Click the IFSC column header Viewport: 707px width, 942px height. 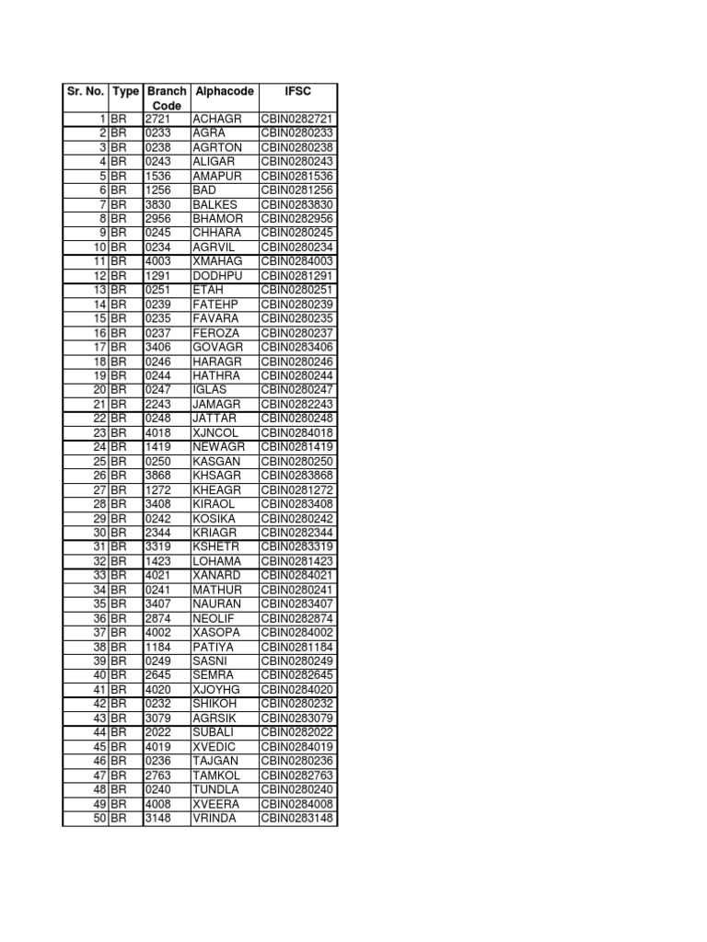click(x=298, y=92)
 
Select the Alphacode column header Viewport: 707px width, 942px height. click(x=225, y=92)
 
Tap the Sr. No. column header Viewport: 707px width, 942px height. click(x=85, y=92)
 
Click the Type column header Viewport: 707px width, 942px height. click(x=125, y=92)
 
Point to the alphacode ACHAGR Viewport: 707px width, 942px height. click(x=215, y=120)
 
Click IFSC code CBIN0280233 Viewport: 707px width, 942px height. click(x=297, y=133)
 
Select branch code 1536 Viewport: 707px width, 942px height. click(x=158, y=176)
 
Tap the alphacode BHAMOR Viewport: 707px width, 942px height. click(x=218, y=219)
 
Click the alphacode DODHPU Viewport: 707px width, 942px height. click(x=217, y=276)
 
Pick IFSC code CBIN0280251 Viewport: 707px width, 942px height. click(x=297, y=290)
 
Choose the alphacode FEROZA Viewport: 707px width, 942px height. click(x=216, y=333)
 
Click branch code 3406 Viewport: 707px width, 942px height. click(x=158, y=347)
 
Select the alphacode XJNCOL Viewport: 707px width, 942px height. click(x=216, y=432)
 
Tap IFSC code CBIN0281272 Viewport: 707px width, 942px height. click(x=297, y=489)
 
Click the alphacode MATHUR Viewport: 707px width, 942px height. click(x=217, y=590)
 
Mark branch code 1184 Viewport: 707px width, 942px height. click(x=158, y=647)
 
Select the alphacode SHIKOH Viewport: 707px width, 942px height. click(x=216, y=704)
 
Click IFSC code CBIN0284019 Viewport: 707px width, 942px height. click(x=297, y=747)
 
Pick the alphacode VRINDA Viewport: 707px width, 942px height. click(x=214, y=818)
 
